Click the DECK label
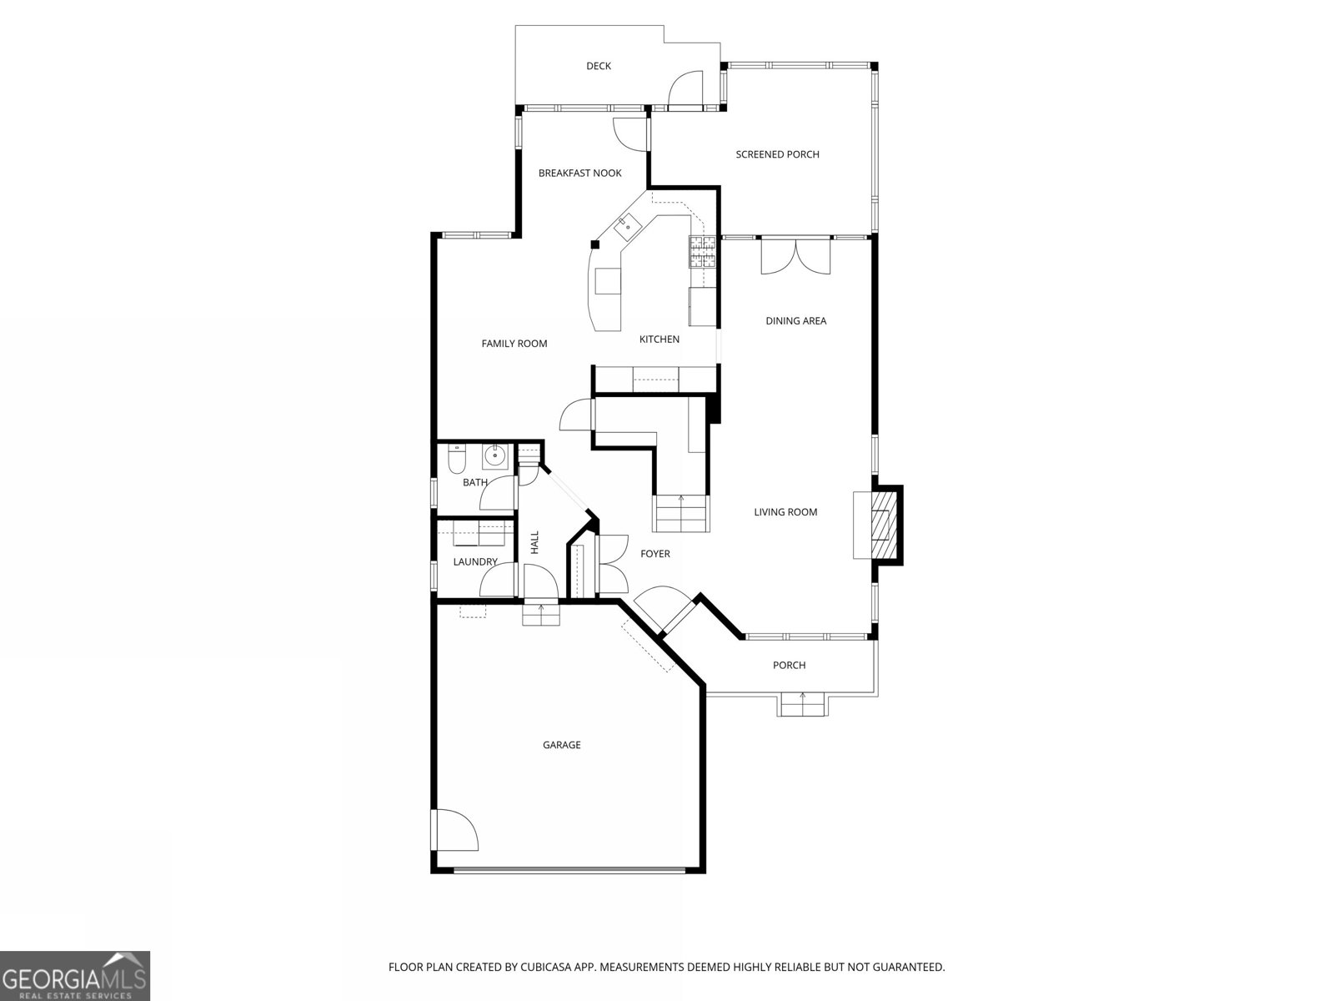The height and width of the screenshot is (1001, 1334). pos(598,66)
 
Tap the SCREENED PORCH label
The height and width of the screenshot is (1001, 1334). pos(777,154)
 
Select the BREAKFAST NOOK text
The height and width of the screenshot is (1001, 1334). pos(579,174)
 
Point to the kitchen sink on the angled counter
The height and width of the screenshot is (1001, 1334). pos(626,224)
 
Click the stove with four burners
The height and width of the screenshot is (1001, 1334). pos(702,251)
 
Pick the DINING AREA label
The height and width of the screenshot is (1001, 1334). pos(795,321)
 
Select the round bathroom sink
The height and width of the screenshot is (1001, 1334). pos(496,455)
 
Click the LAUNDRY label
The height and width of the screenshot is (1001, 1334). pos(475,562)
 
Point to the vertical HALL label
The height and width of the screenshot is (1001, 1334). pos(534,542)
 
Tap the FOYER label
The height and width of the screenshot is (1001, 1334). pos(654,554)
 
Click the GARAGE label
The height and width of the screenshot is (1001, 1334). pos(561,745)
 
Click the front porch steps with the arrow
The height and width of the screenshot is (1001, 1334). pos(803,705)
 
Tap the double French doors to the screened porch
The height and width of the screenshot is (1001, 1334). pos(795,254)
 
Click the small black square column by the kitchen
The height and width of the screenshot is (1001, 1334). pos(595,244)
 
